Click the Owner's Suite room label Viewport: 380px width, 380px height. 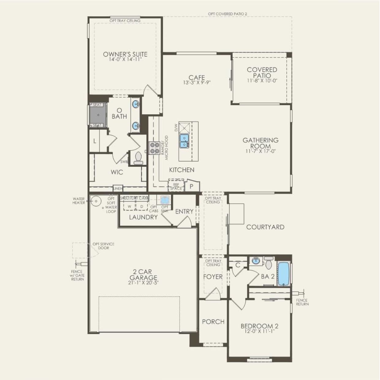pos(125,54)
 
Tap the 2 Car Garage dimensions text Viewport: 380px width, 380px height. pos(143,283)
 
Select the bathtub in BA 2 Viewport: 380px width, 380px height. pos(284,273)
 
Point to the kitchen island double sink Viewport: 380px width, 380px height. pos(184,141)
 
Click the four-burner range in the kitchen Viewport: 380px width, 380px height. pos(154,148)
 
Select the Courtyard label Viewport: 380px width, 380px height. pos(265,227)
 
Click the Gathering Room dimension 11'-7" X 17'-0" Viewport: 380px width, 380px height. pos(260,151)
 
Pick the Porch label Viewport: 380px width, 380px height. pos(213,321)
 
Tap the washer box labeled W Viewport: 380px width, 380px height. pos(130,207)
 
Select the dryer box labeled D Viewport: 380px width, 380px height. pos(142,207)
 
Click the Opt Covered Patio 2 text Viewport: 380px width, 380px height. pos(227,14)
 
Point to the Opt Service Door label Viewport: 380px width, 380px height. pos(103,246)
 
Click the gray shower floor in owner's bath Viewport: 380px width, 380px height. pos(98,115)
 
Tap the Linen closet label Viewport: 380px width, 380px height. pos(118,188)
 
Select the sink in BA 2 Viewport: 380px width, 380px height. pos(256,261)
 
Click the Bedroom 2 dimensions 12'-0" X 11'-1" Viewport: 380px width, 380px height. pos(259,331)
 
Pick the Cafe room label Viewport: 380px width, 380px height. pos(196,78)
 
